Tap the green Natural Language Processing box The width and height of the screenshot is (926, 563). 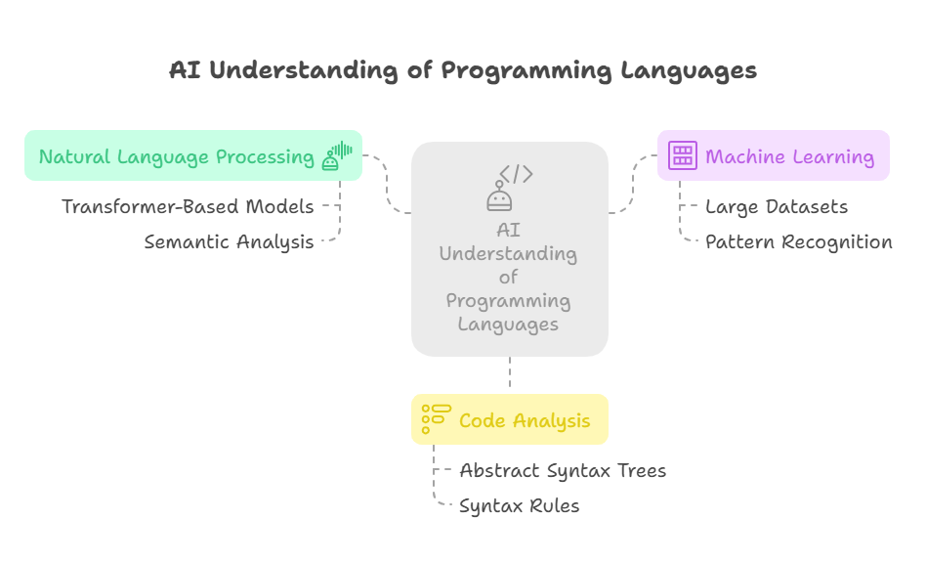(193, 155)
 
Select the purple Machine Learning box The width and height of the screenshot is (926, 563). (773, 155)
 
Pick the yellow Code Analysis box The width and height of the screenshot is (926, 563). (510, 419)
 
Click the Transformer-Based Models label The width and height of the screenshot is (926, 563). (188, 207)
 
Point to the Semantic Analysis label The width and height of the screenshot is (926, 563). (230, 242)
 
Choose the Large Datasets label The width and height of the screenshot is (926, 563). (777, 207)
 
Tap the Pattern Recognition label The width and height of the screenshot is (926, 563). (799, 242)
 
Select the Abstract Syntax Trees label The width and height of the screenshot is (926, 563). (563, 471)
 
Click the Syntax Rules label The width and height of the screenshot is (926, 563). (520, 506)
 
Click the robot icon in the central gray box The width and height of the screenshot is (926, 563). (499, 196)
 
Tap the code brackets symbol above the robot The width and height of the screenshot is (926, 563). (516, 174)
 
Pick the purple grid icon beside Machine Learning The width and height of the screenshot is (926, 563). (683, 155)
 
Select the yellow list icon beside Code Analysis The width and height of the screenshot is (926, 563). (437, 419)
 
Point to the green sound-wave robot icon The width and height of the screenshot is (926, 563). (337, 156)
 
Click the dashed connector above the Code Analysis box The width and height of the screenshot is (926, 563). (510, 372)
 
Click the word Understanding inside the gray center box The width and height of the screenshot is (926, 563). (509, 254)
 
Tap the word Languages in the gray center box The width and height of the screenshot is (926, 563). (509, 325)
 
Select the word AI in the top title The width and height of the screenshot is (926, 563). (185, 69)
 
